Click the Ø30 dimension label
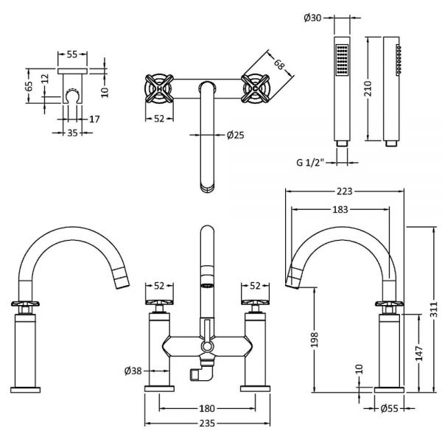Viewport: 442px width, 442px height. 312,18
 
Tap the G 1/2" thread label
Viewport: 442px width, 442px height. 310,163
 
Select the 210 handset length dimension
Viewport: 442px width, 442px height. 368,88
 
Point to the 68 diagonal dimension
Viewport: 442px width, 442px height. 279,65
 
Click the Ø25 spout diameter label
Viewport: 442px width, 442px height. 236,136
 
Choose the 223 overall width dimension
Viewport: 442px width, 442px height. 345,192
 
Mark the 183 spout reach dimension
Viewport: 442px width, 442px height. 340,209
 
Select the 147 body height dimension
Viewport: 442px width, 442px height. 419,353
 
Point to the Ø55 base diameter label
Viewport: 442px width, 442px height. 389,408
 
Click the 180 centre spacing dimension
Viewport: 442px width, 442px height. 207,408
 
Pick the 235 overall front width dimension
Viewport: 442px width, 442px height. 207,423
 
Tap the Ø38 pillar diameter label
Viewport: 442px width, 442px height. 133,371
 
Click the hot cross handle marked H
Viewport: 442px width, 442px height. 158,88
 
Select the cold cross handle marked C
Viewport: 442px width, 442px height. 255,88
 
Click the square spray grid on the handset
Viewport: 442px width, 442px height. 343,60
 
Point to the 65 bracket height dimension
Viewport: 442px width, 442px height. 29,86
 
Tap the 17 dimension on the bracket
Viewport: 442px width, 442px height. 94,119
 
